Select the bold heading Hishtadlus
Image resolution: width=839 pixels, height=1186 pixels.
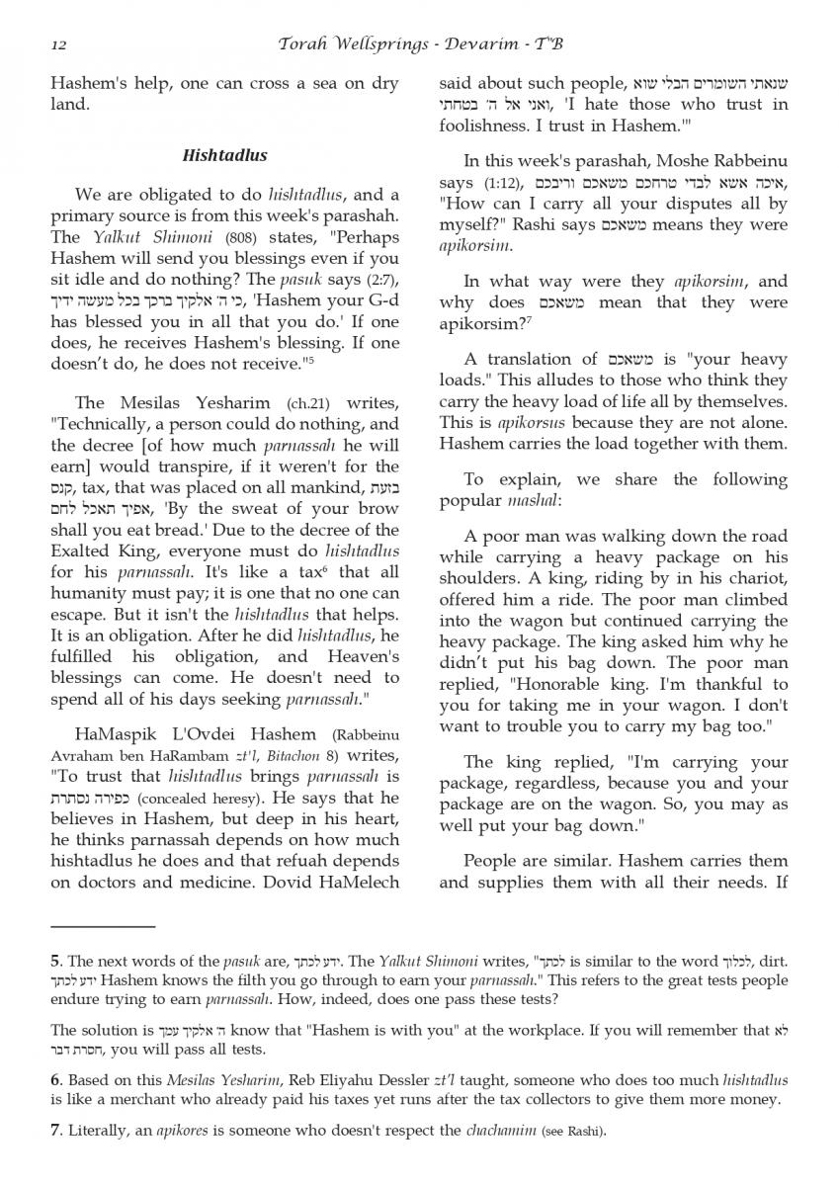pyautogui.click(x=224, y=156)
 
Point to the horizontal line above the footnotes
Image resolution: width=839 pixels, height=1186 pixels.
pyautogui.click(x=103, y=926)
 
